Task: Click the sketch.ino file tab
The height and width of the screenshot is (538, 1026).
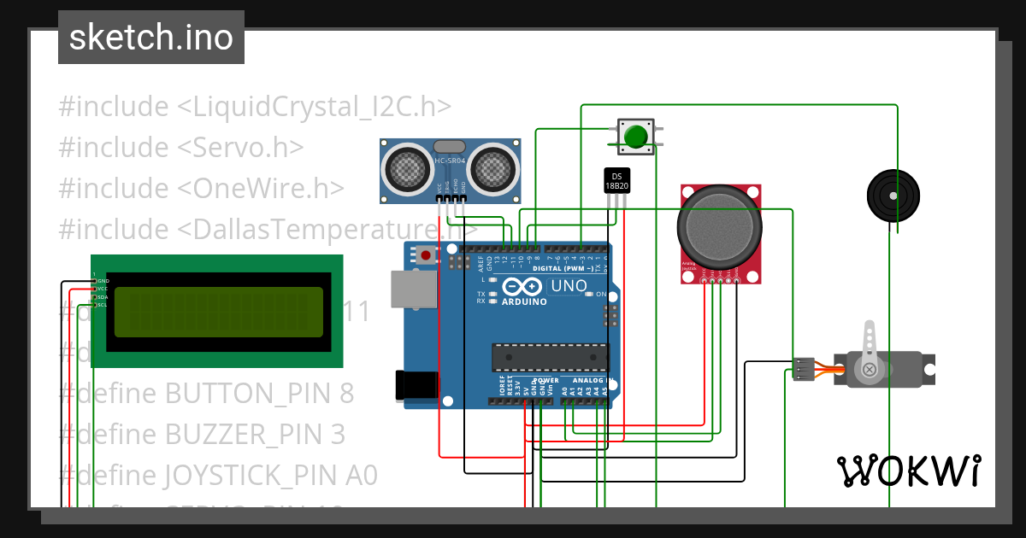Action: point(150,38)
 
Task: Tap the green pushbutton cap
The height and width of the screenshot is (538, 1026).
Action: point(635,137)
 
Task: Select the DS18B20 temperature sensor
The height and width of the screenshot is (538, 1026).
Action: point(616,181)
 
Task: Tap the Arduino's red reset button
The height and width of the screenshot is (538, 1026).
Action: point(426,254)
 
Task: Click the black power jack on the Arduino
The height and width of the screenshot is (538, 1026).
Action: point(416,385)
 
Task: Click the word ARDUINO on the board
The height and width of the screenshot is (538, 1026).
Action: point(524,302)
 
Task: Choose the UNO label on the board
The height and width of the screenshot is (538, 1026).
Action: point(568,286)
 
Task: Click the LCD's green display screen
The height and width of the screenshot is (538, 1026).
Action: point(218,312)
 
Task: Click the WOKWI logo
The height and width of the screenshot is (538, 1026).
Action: point(908,471)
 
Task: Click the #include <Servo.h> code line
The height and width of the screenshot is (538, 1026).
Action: point(181,147)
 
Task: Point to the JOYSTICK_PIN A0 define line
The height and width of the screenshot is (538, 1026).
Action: point(218,475)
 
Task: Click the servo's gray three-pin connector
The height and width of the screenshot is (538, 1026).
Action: point(803,369)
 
